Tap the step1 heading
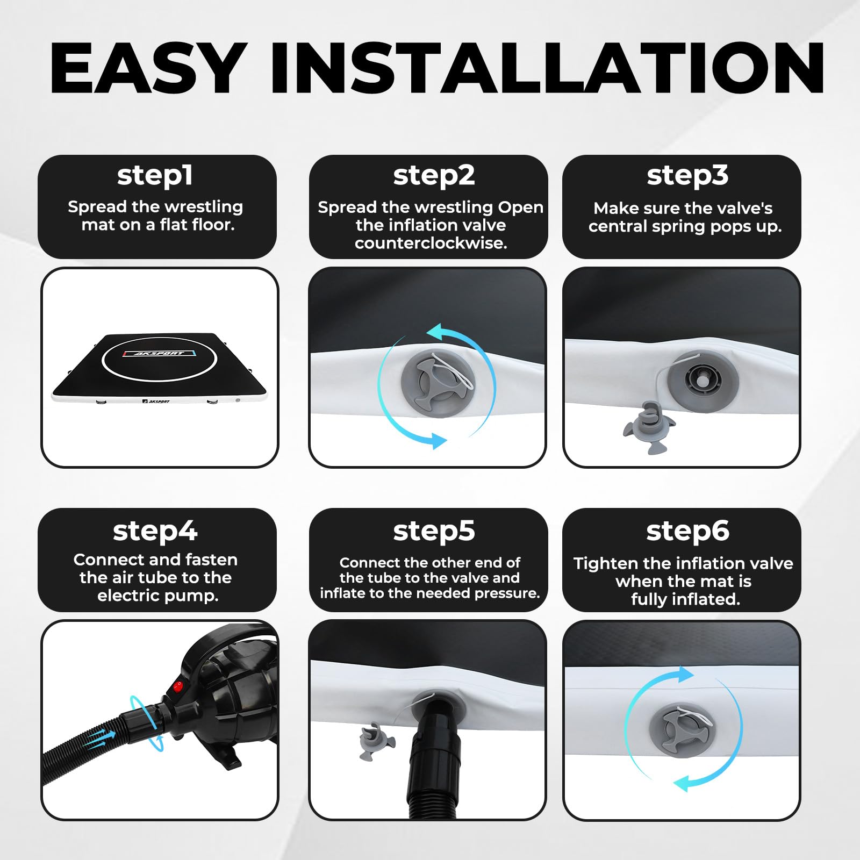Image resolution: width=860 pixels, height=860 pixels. click(x=155, y=176)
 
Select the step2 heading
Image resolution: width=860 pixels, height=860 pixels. click(x=434, y=176)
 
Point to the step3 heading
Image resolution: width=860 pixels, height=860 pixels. click(x=687, y=176)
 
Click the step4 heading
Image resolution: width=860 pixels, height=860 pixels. click(x=155, y=531)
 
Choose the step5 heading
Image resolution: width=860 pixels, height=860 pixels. click(x=434, y=531)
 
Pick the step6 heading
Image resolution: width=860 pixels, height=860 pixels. click(x=687, y=531)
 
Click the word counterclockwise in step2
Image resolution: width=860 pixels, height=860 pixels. click(x=431, y=243)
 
